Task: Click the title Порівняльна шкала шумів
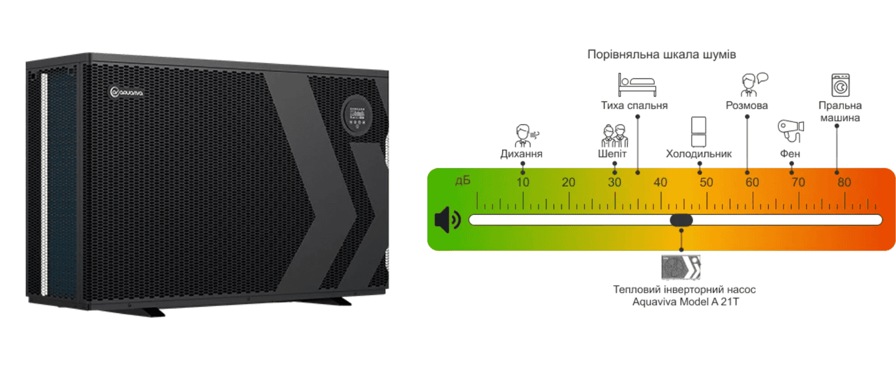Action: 661,55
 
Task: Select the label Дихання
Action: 521,154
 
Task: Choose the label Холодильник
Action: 699,154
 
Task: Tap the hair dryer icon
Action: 791,129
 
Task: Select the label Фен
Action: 791,154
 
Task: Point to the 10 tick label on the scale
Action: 523,183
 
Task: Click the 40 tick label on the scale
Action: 660,183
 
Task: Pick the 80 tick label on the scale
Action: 844,183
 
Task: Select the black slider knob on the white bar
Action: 681,220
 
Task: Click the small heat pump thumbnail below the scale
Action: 681,267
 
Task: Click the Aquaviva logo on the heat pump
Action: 127,92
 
